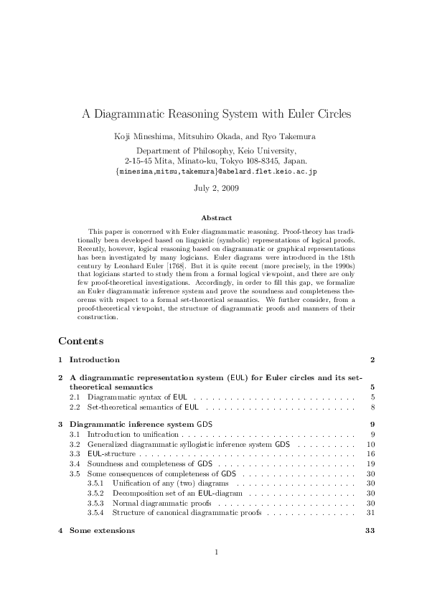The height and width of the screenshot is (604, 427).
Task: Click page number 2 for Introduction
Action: coord(372,359)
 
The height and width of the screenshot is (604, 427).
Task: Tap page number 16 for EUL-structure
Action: coord(371,454)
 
